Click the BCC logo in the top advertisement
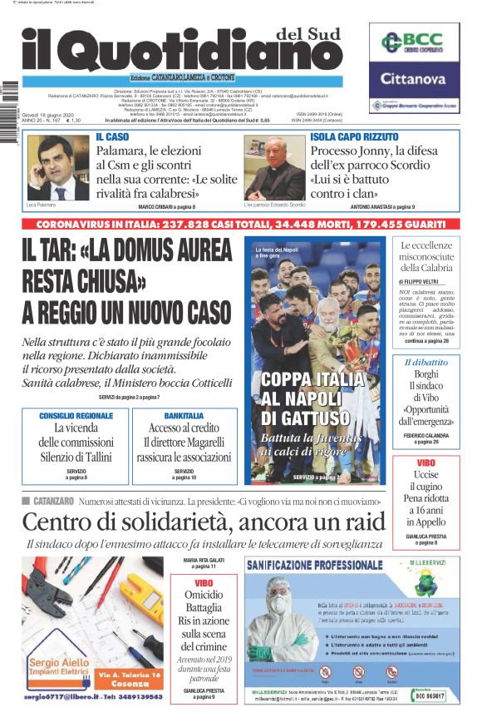tap(413, 42)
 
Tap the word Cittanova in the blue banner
tap(413, 80)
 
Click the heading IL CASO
tap(112, 136)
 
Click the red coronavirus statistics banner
tap(241, 225)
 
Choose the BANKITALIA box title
tap(184, 415)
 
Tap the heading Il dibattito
tap(425, 363)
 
